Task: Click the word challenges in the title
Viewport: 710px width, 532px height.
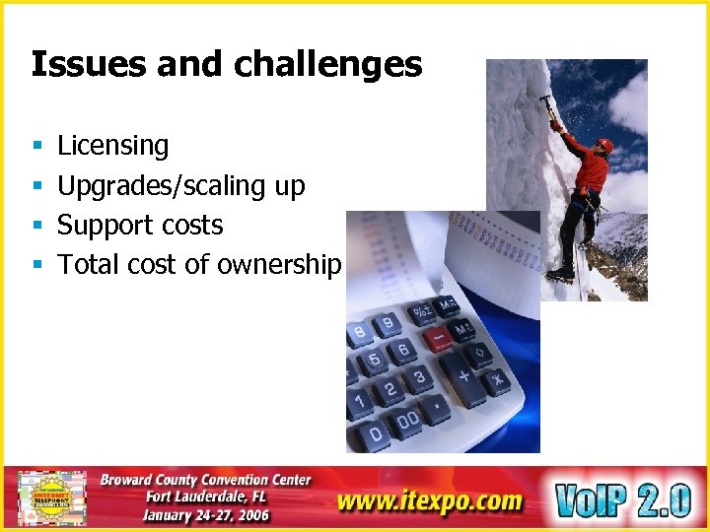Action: (x=328, y=65)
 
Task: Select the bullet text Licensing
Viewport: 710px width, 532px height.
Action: (x=112, y=146)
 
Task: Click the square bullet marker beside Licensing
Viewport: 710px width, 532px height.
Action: (x=35, y=147)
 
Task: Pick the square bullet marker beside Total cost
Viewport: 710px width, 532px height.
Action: (x=35, y=265)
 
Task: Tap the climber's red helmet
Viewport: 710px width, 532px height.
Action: (x=605, y=146)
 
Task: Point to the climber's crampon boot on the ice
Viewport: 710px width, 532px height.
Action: (x=563, y=274)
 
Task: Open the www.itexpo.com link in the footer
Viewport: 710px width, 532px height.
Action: (x=428, y=500)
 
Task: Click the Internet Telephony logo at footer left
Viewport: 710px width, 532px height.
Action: (x=51, y=499)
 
